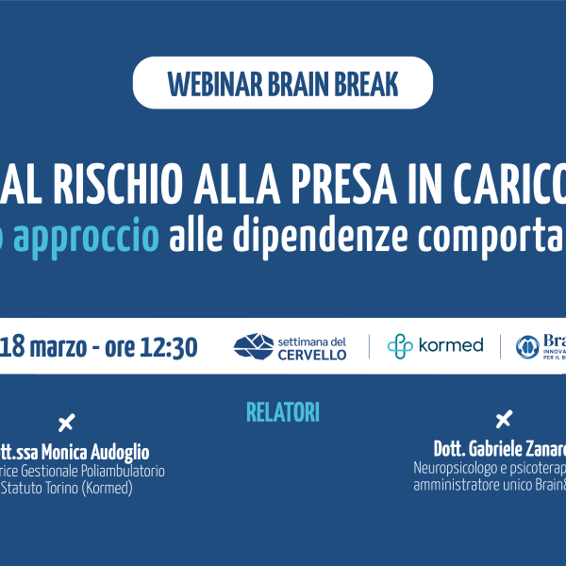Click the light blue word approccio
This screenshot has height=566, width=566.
(x=97, y=236)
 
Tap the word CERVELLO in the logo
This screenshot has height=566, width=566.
(x=311, y=355)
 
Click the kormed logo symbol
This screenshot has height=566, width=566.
(x=400, y=346)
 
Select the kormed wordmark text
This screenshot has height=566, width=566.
(x=451, y=346)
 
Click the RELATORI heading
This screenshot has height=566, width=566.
(x=283, y=412)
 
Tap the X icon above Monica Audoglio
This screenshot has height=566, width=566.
(x=66, y=423)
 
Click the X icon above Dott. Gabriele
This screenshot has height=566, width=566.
(x=504, y=419)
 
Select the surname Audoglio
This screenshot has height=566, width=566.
(x=115, y=453)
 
